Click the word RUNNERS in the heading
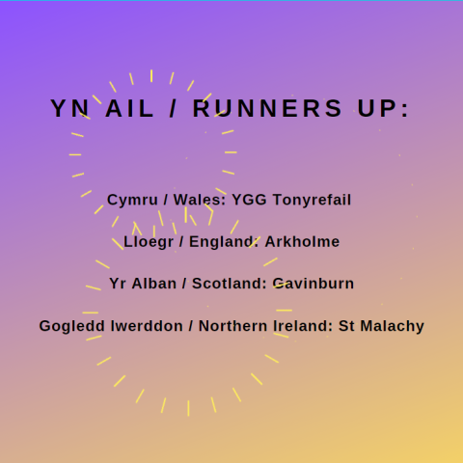tap(267, 108)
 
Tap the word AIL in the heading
tap(129, 108)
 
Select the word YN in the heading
tap(69, 108)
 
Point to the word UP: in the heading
tap(383, 108)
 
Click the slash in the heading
tap(173, 108)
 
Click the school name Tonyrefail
tap(312, 200)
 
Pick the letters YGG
tap(249, 200)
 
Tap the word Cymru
tap(132, 200)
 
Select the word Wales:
tap(200, 200)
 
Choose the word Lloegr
tap(149, 242)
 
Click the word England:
tap(224, 242)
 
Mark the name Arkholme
tap(302, 242)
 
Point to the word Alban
tap(154, 284)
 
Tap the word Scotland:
tap(230, 284)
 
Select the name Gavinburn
tap(313, 284)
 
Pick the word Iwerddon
tap(147, 326)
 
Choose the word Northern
tap(233, 326)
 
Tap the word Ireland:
tap(303, 326)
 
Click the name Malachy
tap(393, 326)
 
